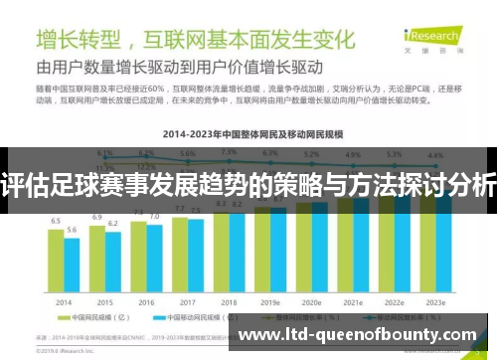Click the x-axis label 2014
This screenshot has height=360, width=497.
[x=64, y=302]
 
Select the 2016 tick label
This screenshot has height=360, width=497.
[x=146, y=302]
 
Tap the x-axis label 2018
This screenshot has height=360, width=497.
[x=229, y=302]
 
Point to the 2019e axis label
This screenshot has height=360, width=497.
[x=271, y=302]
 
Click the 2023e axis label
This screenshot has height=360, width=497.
[x=435, y=302]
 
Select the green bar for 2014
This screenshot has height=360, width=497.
[x=57, y=261]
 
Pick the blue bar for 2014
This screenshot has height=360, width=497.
[x=72, y=266]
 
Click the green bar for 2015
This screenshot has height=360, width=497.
[x=97, y=258]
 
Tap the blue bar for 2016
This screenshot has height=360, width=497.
[x=154, y=259]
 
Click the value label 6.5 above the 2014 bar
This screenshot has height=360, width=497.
[x=57, y=221]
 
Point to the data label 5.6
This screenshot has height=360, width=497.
[x=72, y=230]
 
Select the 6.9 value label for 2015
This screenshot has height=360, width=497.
[x=97, y=216]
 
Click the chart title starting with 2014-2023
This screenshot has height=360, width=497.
[x=248, y=132]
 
